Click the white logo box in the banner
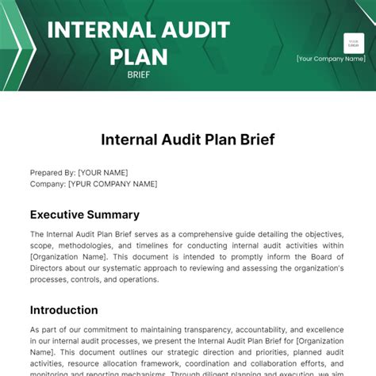[354, 44]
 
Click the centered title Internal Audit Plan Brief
[188, 140]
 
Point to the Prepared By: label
[53, 173]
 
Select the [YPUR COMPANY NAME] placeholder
[113, 184]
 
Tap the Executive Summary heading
[85, 214]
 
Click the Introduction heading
[64, 309]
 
